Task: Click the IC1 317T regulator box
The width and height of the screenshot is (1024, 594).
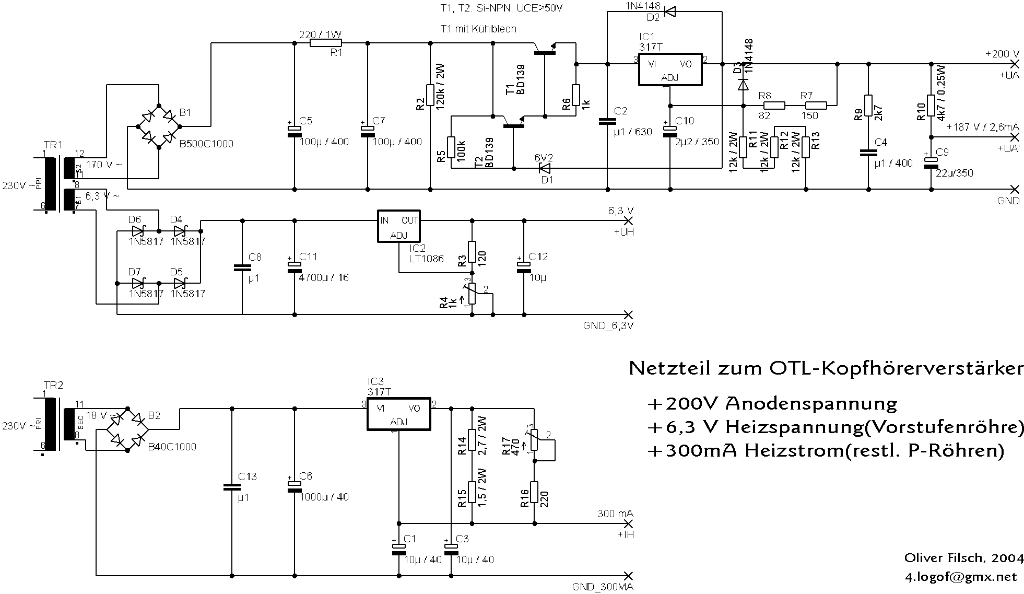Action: pyautogui.click(x=670, y=69)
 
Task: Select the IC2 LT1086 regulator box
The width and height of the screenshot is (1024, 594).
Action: pyautogui.click(x=398, y=226)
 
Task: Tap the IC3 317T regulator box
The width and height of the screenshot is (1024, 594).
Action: pyautogui.click(x=398, y=414)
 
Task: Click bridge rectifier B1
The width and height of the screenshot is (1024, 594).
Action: pyautogui.click(x=158, y=126)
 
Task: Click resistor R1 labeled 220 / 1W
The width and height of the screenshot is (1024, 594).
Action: pyautogui.click(x=325, y=43)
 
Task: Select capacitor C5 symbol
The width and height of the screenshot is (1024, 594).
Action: pyautogui.click(x=295, y=131)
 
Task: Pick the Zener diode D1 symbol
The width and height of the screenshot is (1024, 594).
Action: pyautogui.click(x=545, y=168)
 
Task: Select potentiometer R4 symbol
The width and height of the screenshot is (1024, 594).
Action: pyautogui.click(x=472, y=294)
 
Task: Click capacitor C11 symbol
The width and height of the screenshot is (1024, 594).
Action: pyautogui.click(x=295, y=266)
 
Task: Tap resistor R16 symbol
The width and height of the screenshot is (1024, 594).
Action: pyautogui.click(x=534, y=492)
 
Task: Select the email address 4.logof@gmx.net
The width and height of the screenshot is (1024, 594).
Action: pyautogui.click(x=961, y=577)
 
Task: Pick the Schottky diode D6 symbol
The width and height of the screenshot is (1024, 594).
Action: pyautogui.click(x=138, y=230)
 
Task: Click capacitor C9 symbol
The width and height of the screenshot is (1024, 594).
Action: pyautogui.click(x=931, y=162)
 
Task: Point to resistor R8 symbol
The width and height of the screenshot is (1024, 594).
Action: pyautogui.click(x=774, y=106)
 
